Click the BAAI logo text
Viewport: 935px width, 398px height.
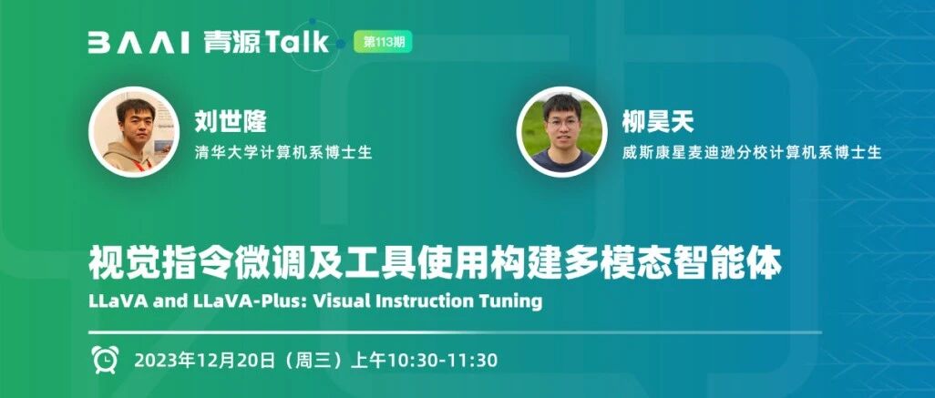pos(139,43)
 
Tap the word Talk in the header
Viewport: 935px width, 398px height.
pos(297,42)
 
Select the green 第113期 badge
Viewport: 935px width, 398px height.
pos(383,42)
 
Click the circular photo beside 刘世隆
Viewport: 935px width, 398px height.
pos(134,132)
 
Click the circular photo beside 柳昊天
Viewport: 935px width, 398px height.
pos(561,132)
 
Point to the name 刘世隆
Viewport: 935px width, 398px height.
pos(231,121)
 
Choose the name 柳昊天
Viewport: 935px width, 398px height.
pos(658,121)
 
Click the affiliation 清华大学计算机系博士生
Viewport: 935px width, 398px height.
pos(283,152)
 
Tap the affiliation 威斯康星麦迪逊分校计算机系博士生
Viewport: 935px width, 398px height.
pos(752,152)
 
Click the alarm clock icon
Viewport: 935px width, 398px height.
pos(105,359)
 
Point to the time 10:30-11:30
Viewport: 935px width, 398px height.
pos(443,361)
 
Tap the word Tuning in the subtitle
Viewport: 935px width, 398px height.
pos(510,301)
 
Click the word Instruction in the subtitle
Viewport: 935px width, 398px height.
pos(423,301)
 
